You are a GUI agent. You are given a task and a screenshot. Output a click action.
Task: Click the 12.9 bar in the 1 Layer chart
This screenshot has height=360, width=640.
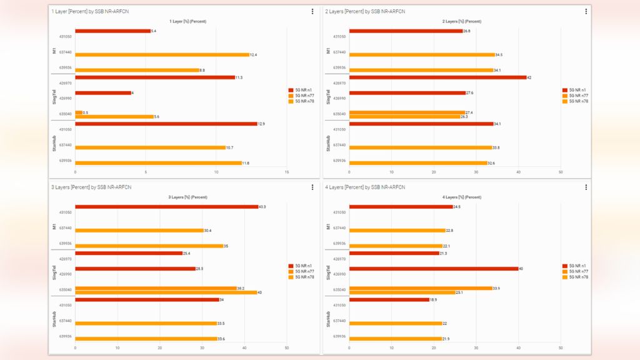166,124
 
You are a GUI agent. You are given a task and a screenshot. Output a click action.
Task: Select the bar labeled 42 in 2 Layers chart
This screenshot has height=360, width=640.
437,77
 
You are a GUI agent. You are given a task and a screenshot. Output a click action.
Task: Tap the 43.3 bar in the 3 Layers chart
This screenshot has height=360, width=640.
166,207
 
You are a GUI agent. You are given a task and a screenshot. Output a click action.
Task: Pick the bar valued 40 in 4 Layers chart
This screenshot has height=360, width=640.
434,269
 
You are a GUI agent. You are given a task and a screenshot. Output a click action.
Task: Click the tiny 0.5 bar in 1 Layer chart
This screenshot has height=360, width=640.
79,112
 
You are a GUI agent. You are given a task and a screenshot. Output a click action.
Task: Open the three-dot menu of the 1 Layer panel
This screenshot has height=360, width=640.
312,11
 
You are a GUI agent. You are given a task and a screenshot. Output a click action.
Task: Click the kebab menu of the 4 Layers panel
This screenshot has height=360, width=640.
586,187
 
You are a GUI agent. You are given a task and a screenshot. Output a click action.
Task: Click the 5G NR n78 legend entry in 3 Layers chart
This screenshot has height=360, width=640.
301,277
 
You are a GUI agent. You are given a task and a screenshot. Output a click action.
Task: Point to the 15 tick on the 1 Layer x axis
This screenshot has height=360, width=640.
287,172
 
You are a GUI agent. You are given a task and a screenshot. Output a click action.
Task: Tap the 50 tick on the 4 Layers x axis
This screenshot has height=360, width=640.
561,347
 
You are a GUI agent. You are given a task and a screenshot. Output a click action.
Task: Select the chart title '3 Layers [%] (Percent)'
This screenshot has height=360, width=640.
187,197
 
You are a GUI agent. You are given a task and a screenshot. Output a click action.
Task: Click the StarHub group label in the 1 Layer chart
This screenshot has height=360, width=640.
54,145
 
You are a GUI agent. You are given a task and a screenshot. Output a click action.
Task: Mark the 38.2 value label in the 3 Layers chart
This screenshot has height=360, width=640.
241,288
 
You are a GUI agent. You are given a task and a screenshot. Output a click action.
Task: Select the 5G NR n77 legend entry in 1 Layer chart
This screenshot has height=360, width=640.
301,96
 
